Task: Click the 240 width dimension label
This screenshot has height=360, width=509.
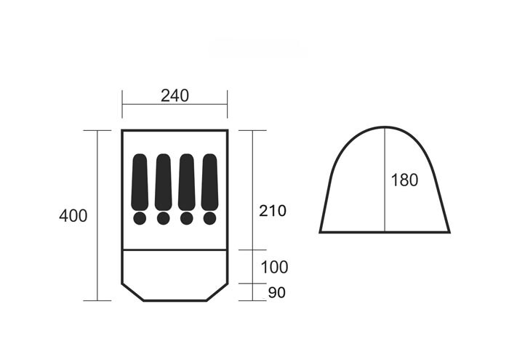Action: (175, 96)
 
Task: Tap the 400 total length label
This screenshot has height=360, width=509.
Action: (73, 216)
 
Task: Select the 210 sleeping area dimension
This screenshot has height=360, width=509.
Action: (273, 211)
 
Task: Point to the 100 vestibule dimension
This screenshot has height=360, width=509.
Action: (274, 267)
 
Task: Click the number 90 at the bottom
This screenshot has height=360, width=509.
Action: (277, 292)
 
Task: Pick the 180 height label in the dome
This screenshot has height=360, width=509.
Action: (404, 180)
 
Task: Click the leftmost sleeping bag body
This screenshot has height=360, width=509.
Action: (140, 182)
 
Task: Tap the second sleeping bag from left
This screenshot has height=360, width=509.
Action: (164, 182)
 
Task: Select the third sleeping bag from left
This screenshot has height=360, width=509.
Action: (187, 182)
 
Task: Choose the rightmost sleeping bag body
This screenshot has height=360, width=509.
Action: (209, 182)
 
